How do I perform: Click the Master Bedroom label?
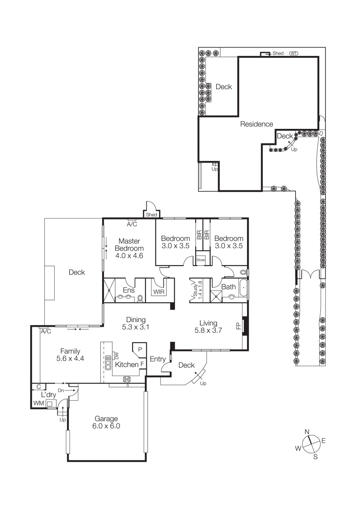click(129, 248)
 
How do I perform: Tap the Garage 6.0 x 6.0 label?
click(106, 422)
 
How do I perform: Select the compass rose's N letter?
click(307, 432)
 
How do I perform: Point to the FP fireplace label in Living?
click(238, 326)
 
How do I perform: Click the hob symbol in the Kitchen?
click(127, 379)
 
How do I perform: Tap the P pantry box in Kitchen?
click(140, 349)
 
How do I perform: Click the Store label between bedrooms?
click(201, 260)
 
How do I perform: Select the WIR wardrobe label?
click(159, 292)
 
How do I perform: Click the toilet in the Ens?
click(140, 298)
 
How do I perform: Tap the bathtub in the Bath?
click(244, 288)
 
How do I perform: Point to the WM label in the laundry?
click(39, 403)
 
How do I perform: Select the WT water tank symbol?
click(293, 53)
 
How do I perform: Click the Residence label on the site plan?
click(257, 124)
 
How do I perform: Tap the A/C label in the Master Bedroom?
click(132, 224)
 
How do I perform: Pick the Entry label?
click(158, 359)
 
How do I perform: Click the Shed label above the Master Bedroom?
click(152, 215)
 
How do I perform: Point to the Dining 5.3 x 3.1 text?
click(136, 323)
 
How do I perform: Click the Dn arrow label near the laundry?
click(61, 390)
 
